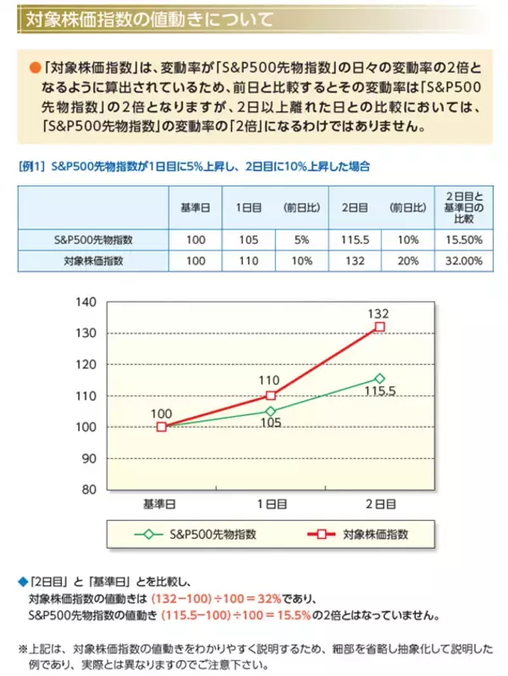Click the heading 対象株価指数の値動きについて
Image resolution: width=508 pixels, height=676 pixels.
tap(148, 17)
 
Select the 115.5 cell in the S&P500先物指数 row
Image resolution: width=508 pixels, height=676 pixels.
tap(356, 240)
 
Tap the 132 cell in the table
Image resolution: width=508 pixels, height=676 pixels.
tap(356, 261)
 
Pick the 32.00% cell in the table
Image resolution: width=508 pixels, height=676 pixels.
tap(462, 261)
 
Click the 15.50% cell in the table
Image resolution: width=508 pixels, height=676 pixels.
tap(462, 240)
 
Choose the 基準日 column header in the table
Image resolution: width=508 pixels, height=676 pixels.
tap(196, 208)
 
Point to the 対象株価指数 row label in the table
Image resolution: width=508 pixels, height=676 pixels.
tap(93, 261)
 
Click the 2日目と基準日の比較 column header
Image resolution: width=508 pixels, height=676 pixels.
tap(462, 208)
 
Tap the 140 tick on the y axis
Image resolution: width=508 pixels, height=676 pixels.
tap(87, 302)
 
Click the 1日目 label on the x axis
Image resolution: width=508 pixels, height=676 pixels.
tap(270, 504)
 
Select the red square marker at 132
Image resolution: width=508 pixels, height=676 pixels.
tap(380, 326)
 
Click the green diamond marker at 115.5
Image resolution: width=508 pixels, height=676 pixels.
tap(380, 378)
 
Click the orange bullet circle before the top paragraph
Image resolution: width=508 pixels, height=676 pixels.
tap(35, 66)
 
